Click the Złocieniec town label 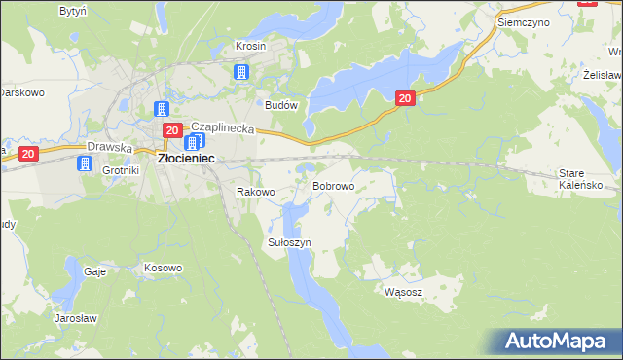pos(187,158)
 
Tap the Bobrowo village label pos(333,185)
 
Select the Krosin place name pos(251,46)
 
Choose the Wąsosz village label pos(403,291)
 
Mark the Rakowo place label pos(256,193)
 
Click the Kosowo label pos(163,268)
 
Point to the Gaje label pos(94,272)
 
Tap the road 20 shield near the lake pos(406,97)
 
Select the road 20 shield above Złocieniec pos(171,130)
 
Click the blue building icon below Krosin pos(241,72)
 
